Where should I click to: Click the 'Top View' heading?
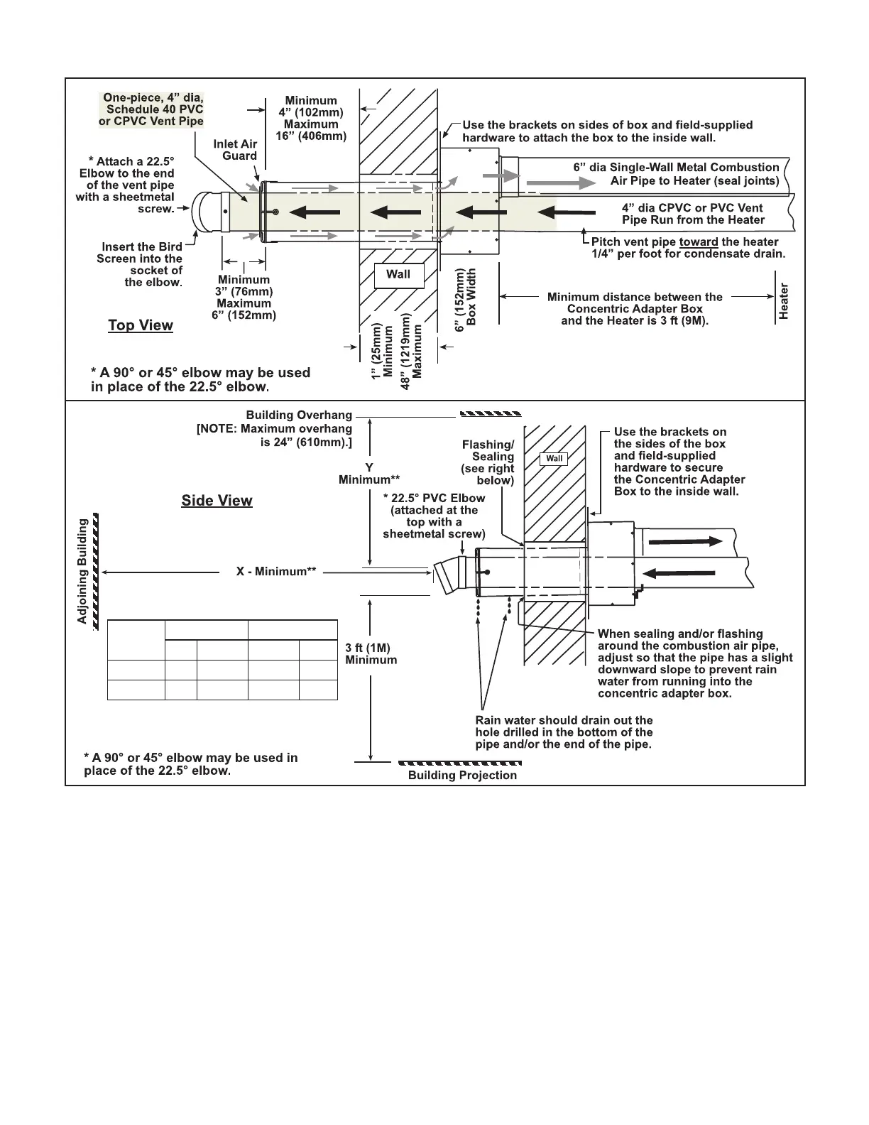tap(141, 325)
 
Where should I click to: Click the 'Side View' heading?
tap(217, 501)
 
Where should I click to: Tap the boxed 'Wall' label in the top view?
tap(398, 275)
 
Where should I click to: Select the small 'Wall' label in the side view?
tap(554, 459)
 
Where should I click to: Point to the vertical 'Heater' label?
tap(784, 301)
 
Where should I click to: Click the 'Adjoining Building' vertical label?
tap(83, 571)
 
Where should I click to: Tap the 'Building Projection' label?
tap(462, 775)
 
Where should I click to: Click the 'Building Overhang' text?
tap(299, 415)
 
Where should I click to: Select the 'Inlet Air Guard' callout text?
tap(236, 150)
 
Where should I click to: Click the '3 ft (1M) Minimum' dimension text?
tap(370, 654)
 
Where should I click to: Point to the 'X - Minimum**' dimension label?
tap(276, 572)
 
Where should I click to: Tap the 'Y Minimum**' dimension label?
tap(369, 474)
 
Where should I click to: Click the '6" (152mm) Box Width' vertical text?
tap(466, 299)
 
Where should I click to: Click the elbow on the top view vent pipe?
tap(206, 212)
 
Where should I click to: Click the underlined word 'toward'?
tap(699, 242)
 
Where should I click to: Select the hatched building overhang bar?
tap(491, 413)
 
